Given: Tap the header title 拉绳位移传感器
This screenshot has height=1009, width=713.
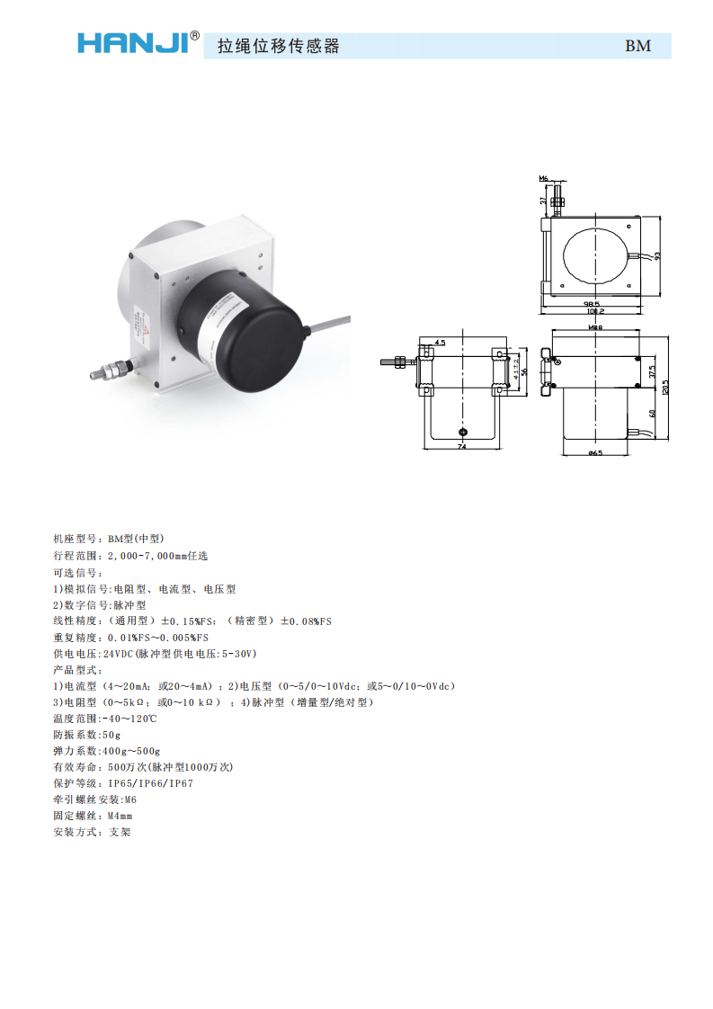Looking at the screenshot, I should coord(279,47).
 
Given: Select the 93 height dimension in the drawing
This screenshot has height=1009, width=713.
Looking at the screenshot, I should coord(657,255).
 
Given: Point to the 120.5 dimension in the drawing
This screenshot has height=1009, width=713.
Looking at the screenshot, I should coord(666,387).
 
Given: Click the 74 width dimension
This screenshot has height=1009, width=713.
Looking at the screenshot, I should coord(461,446).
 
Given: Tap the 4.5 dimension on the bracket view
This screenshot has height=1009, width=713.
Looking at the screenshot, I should coord(440,343).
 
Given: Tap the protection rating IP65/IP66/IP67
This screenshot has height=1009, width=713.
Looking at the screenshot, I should coord(150,783).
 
